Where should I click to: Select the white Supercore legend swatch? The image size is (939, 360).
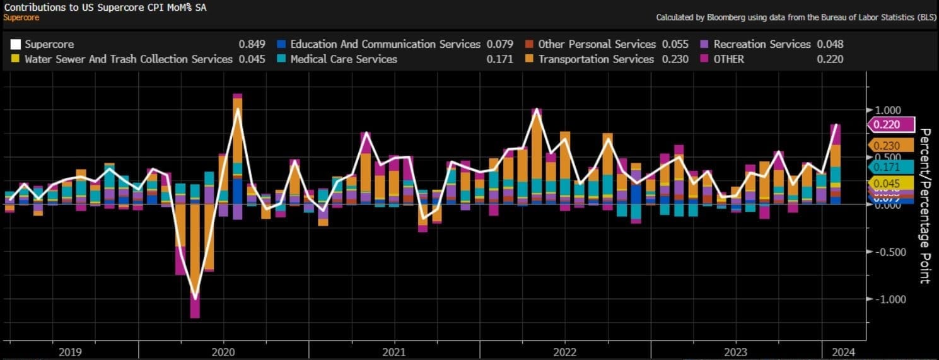tap(16, 44)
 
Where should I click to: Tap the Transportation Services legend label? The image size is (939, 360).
tap(596, 59)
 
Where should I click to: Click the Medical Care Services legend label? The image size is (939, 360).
tap(344, 59)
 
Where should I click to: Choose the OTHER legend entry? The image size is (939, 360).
tap(728, 59)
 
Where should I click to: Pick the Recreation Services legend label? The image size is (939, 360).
tap(762, 44)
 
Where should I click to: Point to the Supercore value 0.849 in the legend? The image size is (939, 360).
tap(252, 44)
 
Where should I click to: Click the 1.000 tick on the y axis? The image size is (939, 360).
tap(887, 110)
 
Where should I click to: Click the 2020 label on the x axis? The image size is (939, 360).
tap(224, 352)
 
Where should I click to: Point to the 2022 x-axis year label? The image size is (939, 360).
tap(564, 352)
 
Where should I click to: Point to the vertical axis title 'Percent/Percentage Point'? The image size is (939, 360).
tap(924, 206)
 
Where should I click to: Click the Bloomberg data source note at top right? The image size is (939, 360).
tap(795, 18)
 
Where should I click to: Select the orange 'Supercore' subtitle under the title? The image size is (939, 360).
tap(21, 17)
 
